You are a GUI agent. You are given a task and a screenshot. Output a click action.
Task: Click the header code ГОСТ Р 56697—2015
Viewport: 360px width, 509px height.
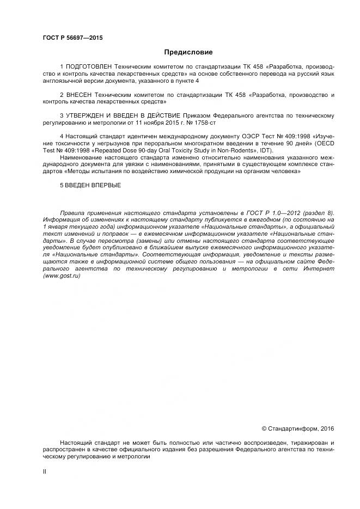click(72, 38)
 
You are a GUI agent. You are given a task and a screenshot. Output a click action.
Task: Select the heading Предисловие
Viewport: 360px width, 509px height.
click(188, 52)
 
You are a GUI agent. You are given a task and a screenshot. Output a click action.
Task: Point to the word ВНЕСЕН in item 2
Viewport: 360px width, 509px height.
click(80, 95)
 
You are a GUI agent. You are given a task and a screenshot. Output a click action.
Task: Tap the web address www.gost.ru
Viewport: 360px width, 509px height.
click(62, 277)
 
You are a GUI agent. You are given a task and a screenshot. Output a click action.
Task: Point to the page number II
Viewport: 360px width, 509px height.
click(45, 471)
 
